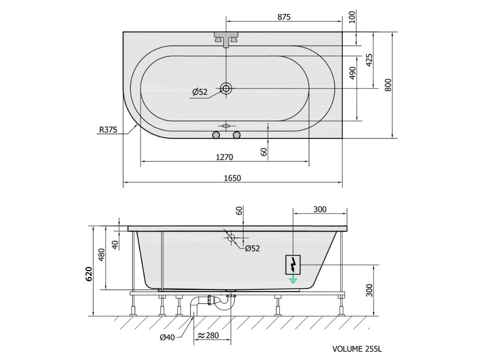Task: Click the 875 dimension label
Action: (284, 17)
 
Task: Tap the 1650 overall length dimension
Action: (232, 178)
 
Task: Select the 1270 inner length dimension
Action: (225, 157)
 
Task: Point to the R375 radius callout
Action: (108, 130)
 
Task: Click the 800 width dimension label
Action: (388, 85)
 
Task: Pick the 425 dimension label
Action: (369, 60)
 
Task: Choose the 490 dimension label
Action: (352, 73)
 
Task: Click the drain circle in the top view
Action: (226, 89)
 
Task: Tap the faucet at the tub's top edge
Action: (226, 39)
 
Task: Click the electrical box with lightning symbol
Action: (293, 264)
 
